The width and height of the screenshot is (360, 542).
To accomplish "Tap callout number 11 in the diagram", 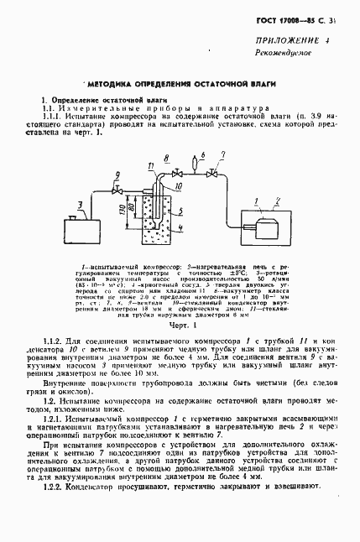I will pos(151,167).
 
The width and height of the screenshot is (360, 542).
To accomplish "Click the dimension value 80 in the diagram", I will pos(133,208).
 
